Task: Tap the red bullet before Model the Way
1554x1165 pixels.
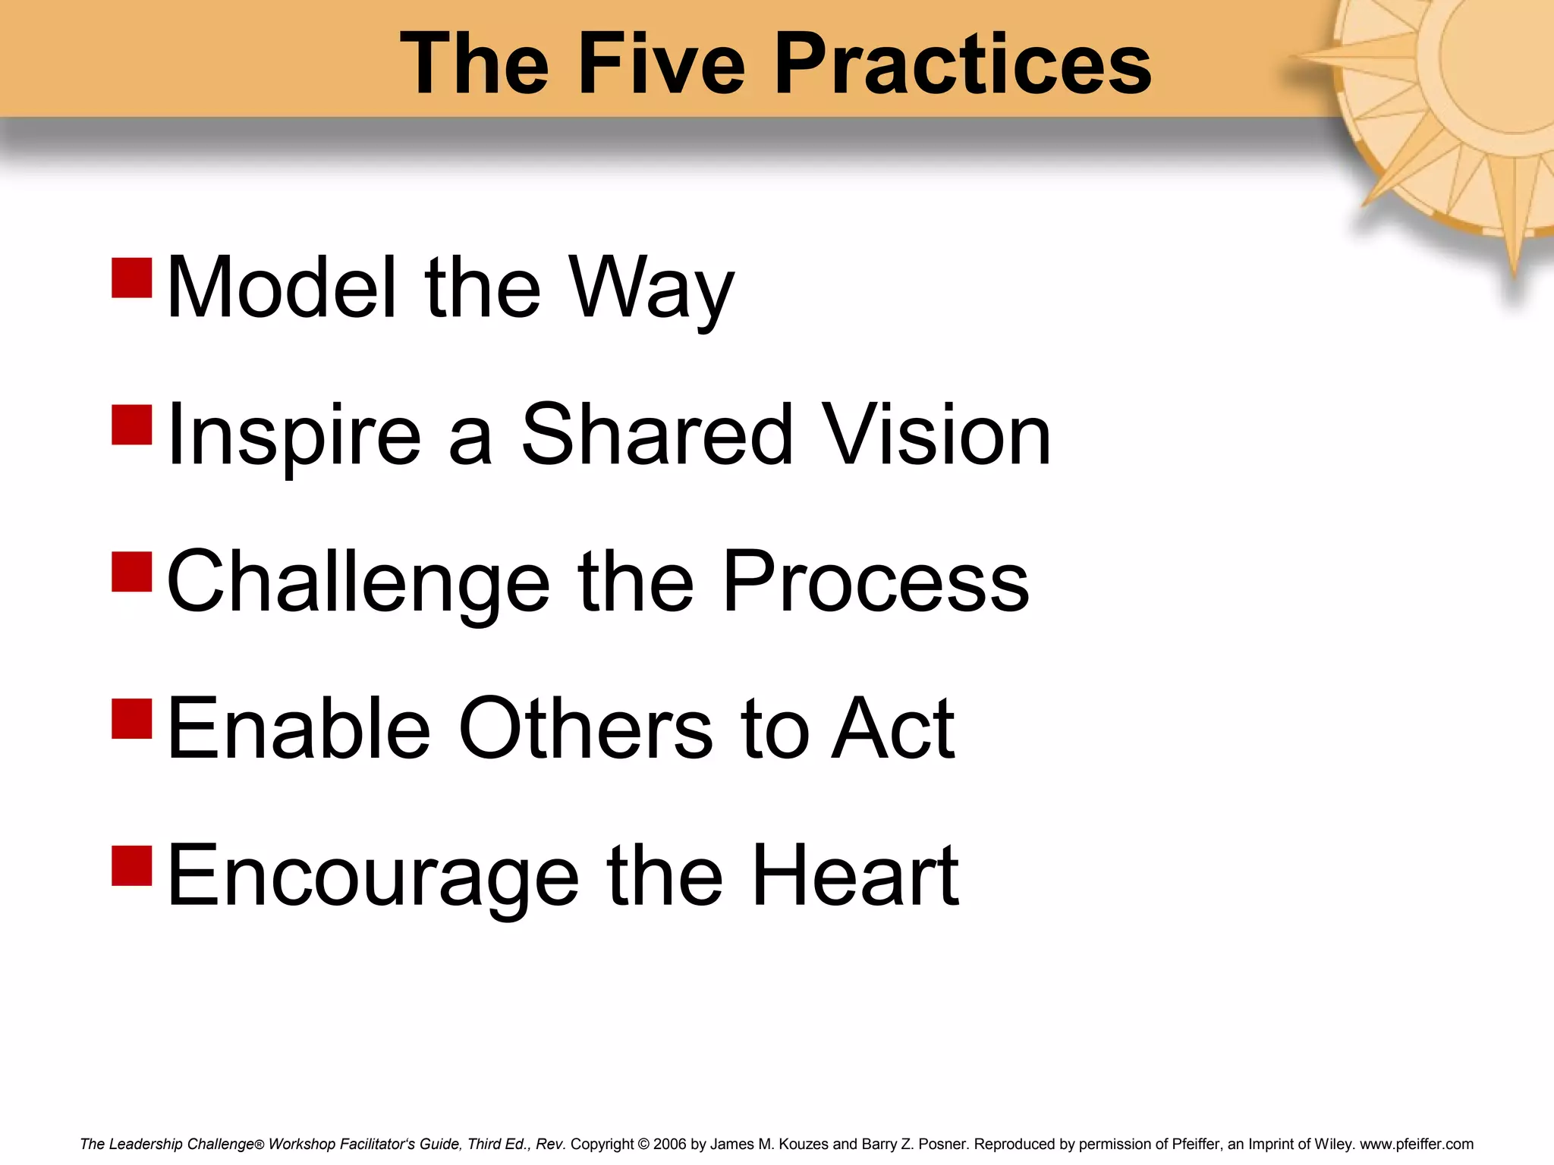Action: coord(132,278)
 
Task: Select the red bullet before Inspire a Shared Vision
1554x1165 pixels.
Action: coord(132,425)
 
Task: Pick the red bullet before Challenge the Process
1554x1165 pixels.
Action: coord(132,571)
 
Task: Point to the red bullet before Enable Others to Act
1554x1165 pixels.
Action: coord(132,718)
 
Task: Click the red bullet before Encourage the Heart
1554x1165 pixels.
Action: coord(132,865)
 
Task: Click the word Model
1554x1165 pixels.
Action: coord(282,287)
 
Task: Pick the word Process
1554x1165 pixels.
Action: coord(876,582)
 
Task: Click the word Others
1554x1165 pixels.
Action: coord(585,728)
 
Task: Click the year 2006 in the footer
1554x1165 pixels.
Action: coord(669,1144)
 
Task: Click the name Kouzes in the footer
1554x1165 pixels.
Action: coord(804,1144)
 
